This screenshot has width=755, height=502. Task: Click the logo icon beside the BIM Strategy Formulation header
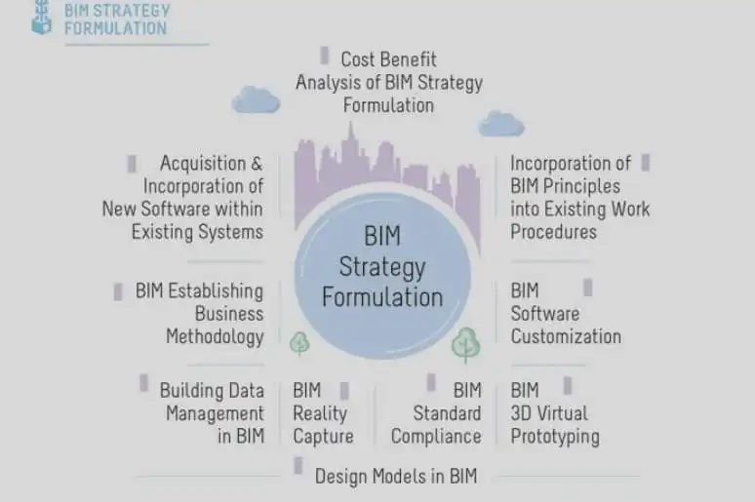point(41,18)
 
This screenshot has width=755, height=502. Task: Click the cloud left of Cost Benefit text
point(256,99)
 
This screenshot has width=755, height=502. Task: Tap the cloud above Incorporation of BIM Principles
point(500,123)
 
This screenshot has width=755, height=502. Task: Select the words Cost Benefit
point(388,59)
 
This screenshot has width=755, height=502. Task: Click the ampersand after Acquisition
point(257,164)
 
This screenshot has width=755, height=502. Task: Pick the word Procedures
point(553,232)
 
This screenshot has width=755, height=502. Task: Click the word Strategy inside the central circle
point(382,267)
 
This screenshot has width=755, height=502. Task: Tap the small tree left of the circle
point(299,344)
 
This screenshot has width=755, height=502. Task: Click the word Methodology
point(215,337)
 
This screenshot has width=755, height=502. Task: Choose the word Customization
point(566,336)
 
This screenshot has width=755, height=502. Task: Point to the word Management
point(215,413)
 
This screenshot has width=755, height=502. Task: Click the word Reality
point(320,413)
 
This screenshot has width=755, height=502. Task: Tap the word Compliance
point(436,437)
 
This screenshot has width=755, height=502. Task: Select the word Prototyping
point(555,437)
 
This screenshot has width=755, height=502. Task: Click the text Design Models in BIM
point(396,477)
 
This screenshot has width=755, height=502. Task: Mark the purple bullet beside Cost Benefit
point(325,56)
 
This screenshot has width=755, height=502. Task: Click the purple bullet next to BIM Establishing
point(118,291)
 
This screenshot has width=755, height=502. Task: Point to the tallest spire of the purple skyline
point(350,129)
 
